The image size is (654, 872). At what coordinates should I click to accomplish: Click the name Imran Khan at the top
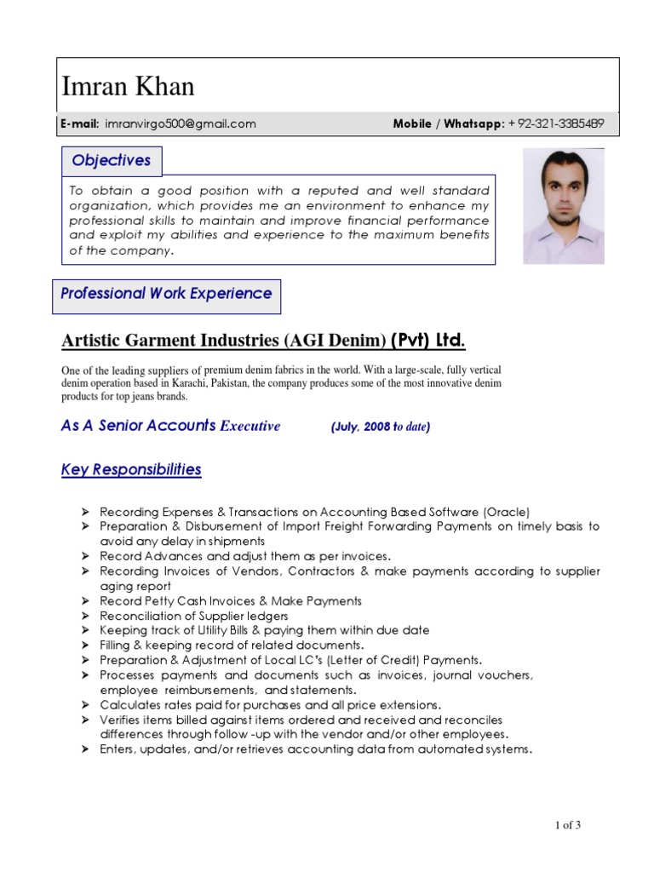(129, 86)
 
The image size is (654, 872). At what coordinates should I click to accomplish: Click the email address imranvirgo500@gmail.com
(180, 123)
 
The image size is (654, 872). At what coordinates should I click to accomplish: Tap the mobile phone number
(556, 123)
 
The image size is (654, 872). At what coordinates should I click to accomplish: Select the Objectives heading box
(112, 160)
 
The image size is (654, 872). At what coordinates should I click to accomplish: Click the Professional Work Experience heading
(166, 294)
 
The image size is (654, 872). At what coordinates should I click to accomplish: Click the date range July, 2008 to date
(380, 427)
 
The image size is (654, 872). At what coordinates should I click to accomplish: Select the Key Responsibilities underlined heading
(131, 469)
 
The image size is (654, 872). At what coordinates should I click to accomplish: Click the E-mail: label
(80, 123)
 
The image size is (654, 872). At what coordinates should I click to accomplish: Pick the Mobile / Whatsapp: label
(448, 123)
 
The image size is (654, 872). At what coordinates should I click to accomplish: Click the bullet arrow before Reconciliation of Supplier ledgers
(86, 616)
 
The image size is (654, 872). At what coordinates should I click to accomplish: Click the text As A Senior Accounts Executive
(170, 426)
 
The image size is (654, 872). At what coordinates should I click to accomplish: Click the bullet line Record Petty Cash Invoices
(230, 600)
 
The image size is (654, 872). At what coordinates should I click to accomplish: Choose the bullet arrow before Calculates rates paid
(86, 705)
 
